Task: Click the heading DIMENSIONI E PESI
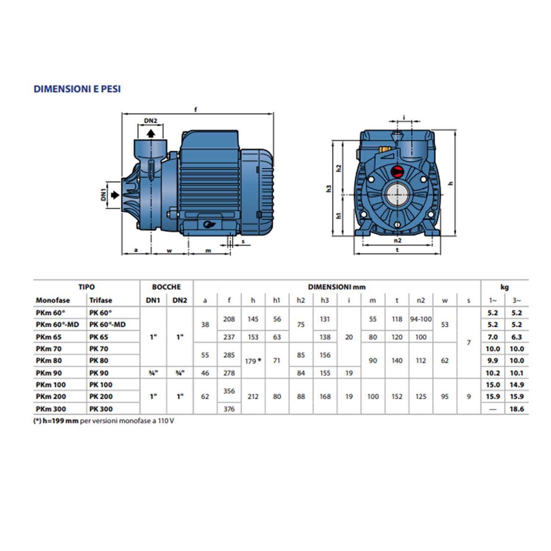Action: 77,89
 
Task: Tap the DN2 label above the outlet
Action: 150,120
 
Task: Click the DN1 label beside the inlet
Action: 103,195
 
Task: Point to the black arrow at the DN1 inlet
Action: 115,195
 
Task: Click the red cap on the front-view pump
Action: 397,171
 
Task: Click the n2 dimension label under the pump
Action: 397,241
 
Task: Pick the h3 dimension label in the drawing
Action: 329,188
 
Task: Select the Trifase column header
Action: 101,300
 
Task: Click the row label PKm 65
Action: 49,337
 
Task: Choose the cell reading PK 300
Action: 101,409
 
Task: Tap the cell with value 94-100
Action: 421,319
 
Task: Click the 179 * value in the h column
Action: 253,361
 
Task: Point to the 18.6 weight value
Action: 516,409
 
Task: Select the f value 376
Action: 229,409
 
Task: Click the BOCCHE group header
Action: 166,287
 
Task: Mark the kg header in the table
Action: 504,287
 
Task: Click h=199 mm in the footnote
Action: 60,421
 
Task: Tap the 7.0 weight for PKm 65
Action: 493,337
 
